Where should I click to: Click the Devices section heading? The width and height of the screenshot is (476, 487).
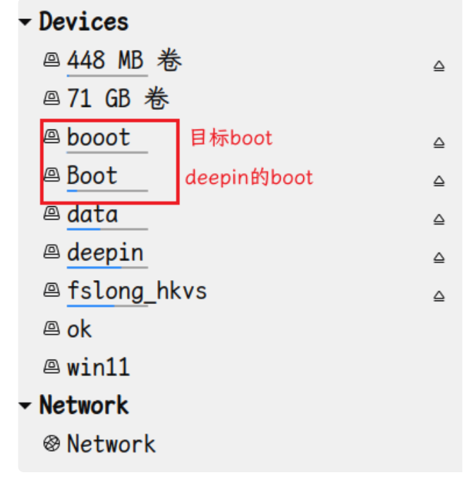[x=83, y=22]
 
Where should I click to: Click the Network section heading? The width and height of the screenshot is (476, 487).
[x=83, y=405]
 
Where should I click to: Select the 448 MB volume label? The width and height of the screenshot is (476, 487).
[x=124, y=61]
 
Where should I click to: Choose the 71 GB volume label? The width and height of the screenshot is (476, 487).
[x=118, y=99]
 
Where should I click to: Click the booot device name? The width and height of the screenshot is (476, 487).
[x=99, y=137]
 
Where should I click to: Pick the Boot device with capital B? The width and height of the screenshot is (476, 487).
[x=92, y=175]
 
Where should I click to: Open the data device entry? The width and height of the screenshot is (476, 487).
[x=92, y=214]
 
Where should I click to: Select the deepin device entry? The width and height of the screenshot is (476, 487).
[x=105, y=253]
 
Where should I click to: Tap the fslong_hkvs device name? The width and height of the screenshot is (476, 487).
[x=137, y=291]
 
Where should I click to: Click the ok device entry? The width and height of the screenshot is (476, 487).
[x=79, y=329]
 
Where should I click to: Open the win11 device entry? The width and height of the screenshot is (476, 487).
[x=98, y=367]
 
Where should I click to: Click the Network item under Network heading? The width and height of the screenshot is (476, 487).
[x=111, y=444]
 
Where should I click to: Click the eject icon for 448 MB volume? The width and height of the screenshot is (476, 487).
[x=439, y=67]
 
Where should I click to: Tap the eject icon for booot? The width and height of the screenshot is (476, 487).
[x=439, y=143]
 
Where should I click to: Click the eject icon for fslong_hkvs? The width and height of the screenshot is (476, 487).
[x=439, y=296]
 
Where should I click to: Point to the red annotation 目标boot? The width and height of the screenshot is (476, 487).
[x=231, y=137]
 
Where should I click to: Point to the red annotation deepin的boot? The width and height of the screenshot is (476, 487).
[x=249, y=177]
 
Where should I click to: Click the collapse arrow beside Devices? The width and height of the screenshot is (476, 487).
[x=26, y=23]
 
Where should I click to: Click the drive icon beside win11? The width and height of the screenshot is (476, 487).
[x=51, y=367]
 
